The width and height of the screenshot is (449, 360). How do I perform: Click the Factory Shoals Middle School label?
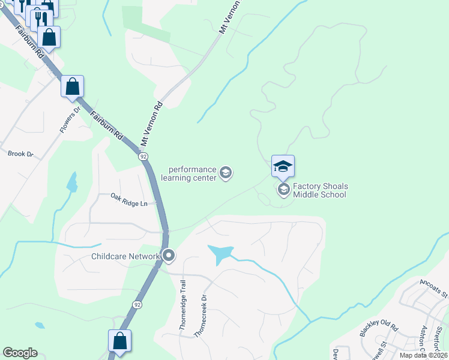320,191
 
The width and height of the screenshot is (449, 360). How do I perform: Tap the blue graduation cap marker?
283,166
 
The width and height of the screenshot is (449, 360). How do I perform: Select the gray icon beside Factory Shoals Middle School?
283,190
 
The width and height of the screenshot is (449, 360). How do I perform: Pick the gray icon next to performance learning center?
226,174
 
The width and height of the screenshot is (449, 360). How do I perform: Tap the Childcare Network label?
125,257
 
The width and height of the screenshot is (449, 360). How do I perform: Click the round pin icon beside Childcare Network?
169,256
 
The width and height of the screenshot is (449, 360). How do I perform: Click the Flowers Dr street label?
70,121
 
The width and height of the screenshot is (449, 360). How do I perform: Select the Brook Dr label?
20,154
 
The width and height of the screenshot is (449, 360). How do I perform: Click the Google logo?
20,353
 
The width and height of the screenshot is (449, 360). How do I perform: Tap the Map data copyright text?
424,356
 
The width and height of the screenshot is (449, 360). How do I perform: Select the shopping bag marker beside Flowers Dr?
72,86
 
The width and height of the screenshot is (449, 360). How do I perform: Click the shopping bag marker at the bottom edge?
119,341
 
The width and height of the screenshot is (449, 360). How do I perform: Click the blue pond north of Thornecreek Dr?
220,254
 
